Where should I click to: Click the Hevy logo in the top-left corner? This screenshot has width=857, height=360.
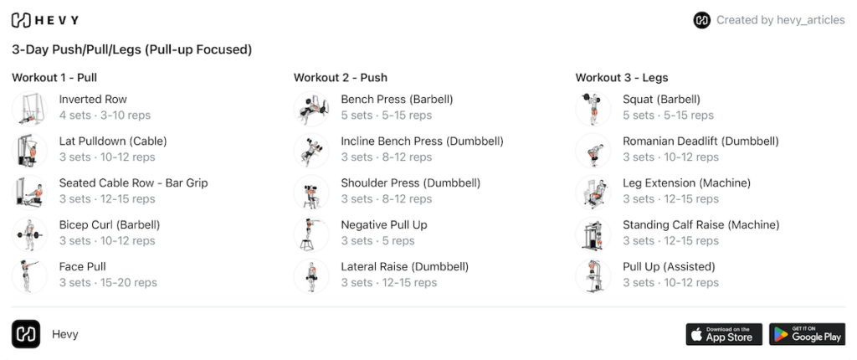[x=45, y=20]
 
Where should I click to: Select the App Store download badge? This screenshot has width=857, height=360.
[x=724, y=334]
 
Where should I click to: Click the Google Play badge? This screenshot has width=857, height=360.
[x=808, y=334]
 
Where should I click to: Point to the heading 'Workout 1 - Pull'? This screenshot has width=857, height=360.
[x=54, y=78]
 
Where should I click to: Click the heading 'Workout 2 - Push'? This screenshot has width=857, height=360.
[x=341, y=78]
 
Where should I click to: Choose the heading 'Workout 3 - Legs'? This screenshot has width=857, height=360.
[x=622, y=78]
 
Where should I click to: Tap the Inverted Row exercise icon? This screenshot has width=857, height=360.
[x=29, y=109]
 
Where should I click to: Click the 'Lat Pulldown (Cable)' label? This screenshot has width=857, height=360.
[x=113, y=141]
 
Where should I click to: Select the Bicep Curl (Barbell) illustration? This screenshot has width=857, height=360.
[x=29, y=234]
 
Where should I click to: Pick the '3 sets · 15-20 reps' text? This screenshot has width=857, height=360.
[x=108, y=283]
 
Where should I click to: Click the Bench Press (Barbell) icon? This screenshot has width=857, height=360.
[x=311, y=109]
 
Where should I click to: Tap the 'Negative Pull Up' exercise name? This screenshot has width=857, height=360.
[x=384, y=225]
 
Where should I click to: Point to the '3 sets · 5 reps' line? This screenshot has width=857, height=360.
[x=377, y=241]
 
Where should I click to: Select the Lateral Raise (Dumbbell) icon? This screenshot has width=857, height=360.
[x=311, y=276]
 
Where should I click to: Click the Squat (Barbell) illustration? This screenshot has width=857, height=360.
[x=593, y=109]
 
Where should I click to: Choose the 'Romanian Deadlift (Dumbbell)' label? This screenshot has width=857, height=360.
[x=700, y=141]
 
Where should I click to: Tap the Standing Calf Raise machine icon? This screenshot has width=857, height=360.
[x=593, y=234]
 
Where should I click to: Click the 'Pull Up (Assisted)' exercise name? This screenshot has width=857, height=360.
[x=669, y=267]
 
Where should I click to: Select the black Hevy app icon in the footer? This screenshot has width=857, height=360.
[x=26, y=334]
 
